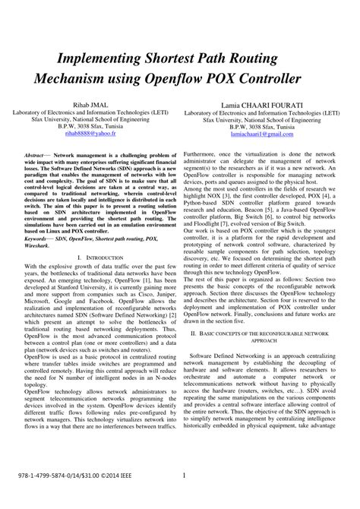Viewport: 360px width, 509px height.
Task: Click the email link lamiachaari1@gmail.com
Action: [266, 134]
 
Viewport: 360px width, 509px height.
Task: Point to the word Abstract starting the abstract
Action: [37, 153]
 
